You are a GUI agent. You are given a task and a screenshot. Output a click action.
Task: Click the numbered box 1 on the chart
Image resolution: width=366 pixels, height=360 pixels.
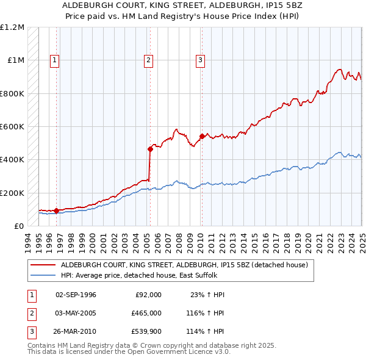pos(55,60)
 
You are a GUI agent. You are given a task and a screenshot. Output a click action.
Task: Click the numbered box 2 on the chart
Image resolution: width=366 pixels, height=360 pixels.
pos(148,60)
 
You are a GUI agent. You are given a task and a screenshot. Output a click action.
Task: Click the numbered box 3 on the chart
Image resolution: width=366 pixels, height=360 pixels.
pos(200,60)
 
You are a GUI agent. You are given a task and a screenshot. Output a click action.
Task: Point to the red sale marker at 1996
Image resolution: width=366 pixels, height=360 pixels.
pos(56,211)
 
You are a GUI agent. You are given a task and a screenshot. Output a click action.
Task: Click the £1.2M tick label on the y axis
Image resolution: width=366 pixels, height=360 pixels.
pos(12,27)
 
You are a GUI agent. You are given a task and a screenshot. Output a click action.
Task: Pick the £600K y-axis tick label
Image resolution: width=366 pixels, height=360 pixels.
pos(12,126)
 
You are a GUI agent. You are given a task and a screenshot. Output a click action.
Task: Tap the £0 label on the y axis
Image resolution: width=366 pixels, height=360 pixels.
pos(18,226)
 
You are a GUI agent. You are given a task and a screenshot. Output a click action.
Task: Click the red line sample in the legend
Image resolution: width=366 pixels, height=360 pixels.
pos(43,265)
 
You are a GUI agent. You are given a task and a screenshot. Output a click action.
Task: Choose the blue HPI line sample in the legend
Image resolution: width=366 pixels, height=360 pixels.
pos(43,275)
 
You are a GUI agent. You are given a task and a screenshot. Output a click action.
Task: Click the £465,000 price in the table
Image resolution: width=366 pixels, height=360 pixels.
pos(146,312)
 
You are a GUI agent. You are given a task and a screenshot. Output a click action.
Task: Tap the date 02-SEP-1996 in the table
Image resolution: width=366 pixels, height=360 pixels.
pos(76,295)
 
